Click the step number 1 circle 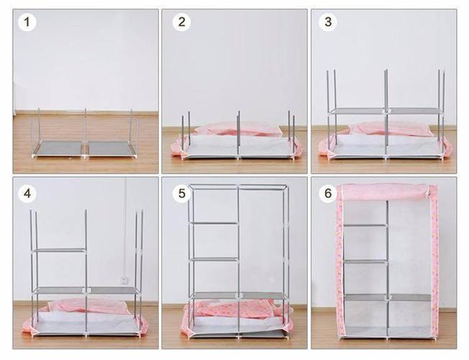[x=27, y=22]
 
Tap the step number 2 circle [x=181, y=22]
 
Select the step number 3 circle [x=328, y=22]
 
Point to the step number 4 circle [x=27, y=194]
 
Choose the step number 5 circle [x=181, y=194]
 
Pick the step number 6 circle [x=328, y=194]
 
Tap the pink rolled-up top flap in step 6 [x=386, y=192]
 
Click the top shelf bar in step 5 [x=215, y=223]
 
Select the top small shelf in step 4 [x=60, y=251]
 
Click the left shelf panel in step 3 [x=357, y=111]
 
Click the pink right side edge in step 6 [x=434, y=264]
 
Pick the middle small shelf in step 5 [x=215, y=260]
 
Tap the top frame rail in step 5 [x=238, y=187]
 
